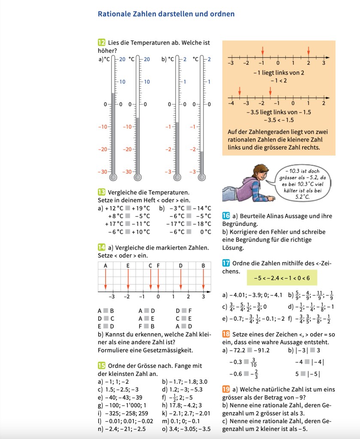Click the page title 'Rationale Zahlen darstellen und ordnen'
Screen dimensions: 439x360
[x=166, y=14]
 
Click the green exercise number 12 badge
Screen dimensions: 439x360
[x=102, y=42]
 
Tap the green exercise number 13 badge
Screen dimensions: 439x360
[x=102, y=192]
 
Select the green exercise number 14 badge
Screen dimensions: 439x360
[x=102, y=247]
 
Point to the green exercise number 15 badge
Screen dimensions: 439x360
[x=102, y=365]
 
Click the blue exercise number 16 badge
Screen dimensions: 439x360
[x=226, y=216]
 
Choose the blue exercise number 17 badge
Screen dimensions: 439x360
[x=226, y=263]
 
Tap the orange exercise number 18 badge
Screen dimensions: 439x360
[x=226, y=334]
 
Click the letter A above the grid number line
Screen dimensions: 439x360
[x=106, y=266]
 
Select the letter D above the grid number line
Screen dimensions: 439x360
[x=181, y=266]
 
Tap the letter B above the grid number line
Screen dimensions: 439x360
[x=203, y=266]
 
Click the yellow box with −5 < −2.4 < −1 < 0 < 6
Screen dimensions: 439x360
[x=278, y=278]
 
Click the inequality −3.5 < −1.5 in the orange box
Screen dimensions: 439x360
[x=278, y=120]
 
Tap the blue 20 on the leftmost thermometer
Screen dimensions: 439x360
[x=122, y=59]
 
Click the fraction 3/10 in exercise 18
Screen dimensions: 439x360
[x=253, y=363]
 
